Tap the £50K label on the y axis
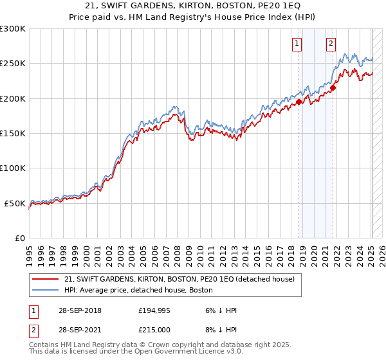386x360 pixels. click(x=15, y=203)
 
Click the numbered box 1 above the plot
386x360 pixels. click(x=297, y=44)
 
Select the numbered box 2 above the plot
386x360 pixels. click(x=331, y=44)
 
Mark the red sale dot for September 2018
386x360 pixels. click(x=299, y=102)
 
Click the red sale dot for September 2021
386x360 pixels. click(x=333, y=88)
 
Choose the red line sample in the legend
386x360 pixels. click(x=45, y=280)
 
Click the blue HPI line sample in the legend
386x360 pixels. click(x=45, y=291)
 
